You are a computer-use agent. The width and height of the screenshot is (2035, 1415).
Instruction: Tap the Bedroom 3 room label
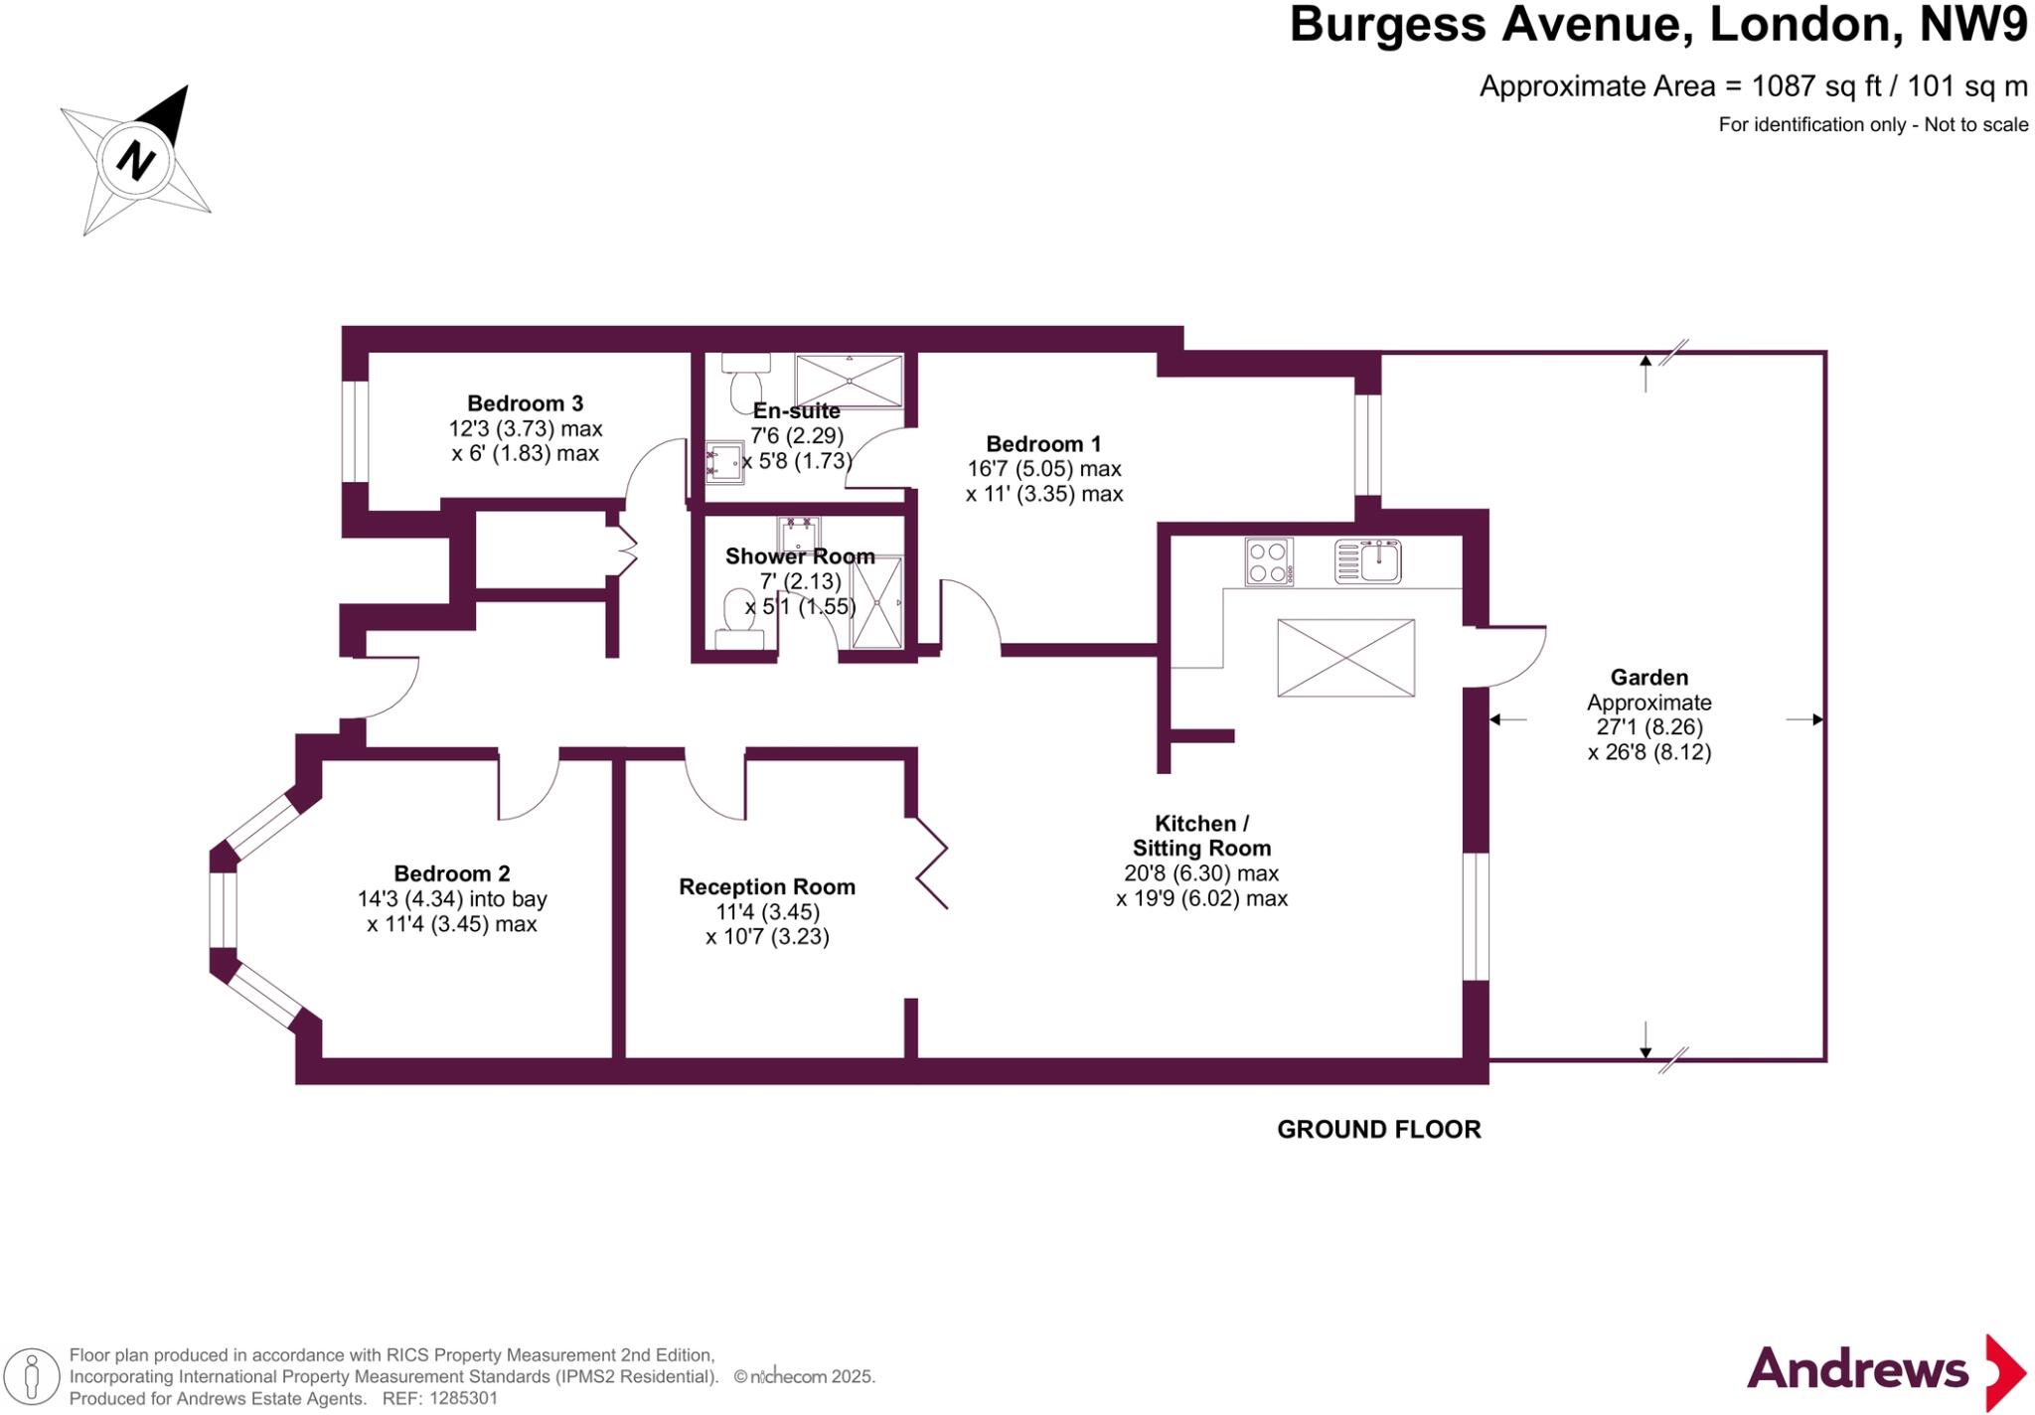point(525,403)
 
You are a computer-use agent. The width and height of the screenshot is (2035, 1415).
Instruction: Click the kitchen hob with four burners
point(1269,561)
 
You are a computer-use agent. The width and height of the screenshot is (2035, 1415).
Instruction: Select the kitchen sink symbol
point(1368,561)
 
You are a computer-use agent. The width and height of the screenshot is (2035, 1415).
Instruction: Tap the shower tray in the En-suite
point(849,381)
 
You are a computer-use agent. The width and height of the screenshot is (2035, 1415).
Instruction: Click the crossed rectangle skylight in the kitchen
point(1345,658)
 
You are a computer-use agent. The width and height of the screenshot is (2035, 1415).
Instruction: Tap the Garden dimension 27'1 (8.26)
point(1649,726)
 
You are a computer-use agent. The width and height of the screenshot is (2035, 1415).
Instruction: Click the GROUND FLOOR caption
point(1378,1129)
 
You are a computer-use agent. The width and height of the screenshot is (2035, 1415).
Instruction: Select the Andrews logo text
point(1856,1369)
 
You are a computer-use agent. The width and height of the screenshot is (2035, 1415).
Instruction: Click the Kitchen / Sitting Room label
point(1201,836)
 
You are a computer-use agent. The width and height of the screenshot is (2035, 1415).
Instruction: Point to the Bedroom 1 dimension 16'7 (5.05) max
point(1043,469)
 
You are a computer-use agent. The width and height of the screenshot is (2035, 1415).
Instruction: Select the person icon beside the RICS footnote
point(32,1376)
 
